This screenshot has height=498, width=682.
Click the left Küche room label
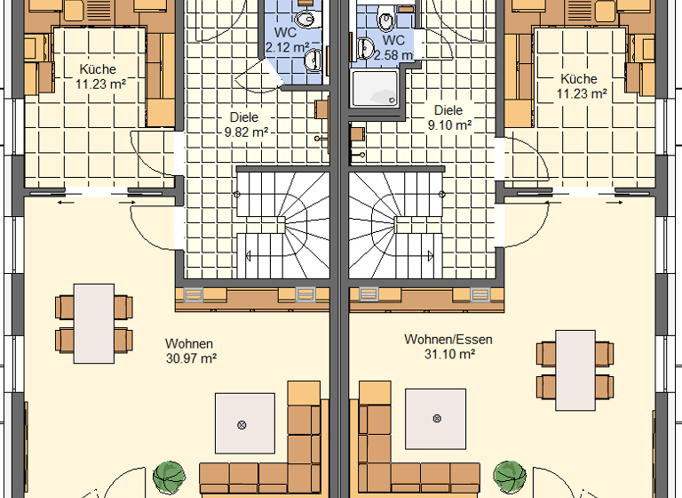point(97,77)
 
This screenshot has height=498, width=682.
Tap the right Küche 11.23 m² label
point(581,84)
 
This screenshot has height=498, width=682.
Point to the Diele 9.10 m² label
point(448,117)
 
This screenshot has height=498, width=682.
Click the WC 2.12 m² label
point(286,41)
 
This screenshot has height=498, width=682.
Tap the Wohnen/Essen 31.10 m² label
point(448,346)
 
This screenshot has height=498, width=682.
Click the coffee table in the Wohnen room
point(242,425)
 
